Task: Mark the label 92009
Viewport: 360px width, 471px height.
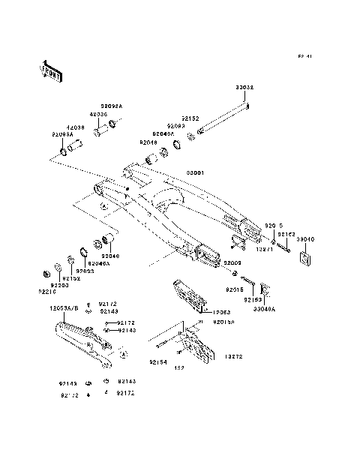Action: [232, 264]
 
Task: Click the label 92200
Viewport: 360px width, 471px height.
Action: [60, 286]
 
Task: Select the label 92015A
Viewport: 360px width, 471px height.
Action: [224, 322]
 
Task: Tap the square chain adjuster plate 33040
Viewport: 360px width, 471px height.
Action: [304, 259]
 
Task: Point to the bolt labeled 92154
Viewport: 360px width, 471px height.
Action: [163, 346]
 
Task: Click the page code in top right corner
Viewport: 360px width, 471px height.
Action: [304, 55]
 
